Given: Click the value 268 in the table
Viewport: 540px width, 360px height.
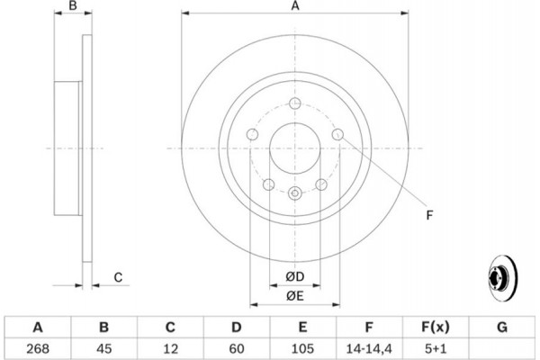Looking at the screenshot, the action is pyautogui.click(x=38, y=348).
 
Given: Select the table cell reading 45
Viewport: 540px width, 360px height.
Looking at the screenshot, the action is pyautogui.click(x=104, y=348).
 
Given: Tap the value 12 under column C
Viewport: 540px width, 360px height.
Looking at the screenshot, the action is pyautogui.click(x=170, y=348).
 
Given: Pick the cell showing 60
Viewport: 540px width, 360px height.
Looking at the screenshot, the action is pyautogui.click(x=237, y=348).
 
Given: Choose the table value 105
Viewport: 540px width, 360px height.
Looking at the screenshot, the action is pyautogui.click(x=302, y=348).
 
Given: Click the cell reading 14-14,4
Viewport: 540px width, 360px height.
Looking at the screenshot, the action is pyautogui.click(x=369, y=348).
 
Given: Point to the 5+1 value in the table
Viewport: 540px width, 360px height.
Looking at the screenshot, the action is pyautogui.click(x=436, y=348).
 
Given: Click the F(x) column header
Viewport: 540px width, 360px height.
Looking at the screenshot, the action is pyautogui.click(x=436, y=327).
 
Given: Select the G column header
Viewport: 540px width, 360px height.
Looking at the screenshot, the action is pyautogui.click(x=502, y=327).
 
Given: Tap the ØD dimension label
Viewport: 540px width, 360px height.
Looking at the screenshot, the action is pyautogui.click(x=295, y=276).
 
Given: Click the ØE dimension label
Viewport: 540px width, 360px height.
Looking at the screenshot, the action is pyautogui.click(x=295, y=295).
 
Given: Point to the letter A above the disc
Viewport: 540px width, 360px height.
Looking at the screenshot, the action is pyautogui.click(x=295, y=5).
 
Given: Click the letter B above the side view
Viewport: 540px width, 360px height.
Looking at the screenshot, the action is pyautogui.click(x=73, y=5).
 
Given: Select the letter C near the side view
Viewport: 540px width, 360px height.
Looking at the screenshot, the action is pyautogui.click(x=118, y=277).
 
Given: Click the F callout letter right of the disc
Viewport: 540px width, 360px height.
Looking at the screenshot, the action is pyautogui.click(x=429, y=215).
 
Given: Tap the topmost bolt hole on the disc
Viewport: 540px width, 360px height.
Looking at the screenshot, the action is pyautogui.click(x=295, y=103).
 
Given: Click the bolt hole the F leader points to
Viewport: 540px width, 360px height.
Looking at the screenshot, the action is pyautogui.click(x=337, y=134).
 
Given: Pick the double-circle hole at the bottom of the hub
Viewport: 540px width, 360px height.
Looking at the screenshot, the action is pyautogui.click(x=295, y=193).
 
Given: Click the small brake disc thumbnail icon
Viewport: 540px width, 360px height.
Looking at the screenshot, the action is pyautogui.click(x=503, y=278).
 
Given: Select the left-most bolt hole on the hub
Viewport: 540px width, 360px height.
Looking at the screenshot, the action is pyautogui.click(x=252, y=134).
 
